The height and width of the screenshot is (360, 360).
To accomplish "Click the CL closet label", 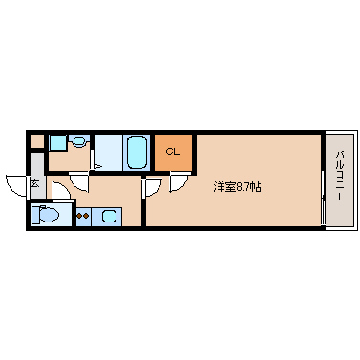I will click(x=172, y=150).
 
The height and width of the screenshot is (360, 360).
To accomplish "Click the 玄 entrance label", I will click(x=34, y=182).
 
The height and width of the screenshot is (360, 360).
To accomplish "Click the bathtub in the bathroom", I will click(x=136, y=152).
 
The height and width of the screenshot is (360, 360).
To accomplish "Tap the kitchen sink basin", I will click(x=109, y=215).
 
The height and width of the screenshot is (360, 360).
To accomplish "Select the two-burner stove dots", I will click(x=83, y=215).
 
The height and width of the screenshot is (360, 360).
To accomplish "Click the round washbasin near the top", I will click(x=78, y=142).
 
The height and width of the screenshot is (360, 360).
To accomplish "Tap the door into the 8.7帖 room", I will click(x=151, y=186).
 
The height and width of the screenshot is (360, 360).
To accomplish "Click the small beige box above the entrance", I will click(x=36, y=142).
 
